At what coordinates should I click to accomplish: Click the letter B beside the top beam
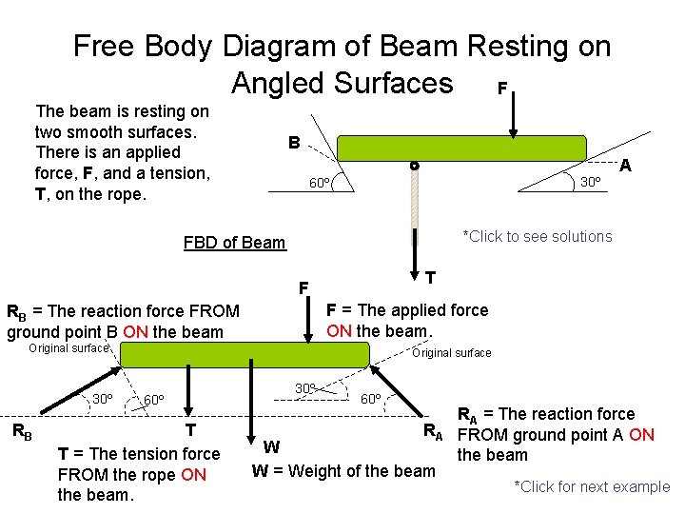click(295, 144)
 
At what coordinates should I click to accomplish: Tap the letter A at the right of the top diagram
click(625, 166)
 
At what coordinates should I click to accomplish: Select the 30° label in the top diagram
click(591, 182)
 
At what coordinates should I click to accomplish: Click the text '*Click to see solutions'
click(537, 236)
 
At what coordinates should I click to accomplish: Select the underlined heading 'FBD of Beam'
click(234, 242)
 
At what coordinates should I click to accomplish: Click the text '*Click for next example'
click(592, 486)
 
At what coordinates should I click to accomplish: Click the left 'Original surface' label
click(68, 348)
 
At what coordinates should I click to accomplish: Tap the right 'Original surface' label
click(451, 353)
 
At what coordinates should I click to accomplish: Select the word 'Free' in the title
click(108, 45)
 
